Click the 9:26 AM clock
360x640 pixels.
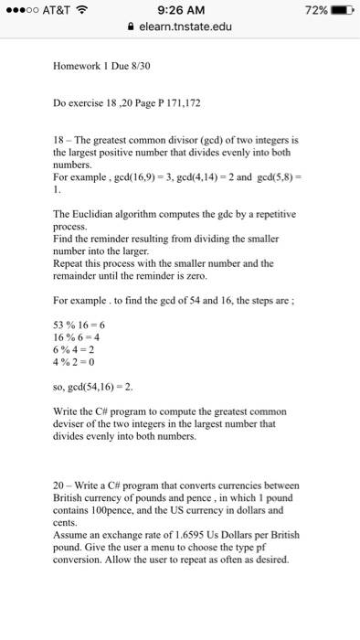pyautogui.click(x=179, y=9)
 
